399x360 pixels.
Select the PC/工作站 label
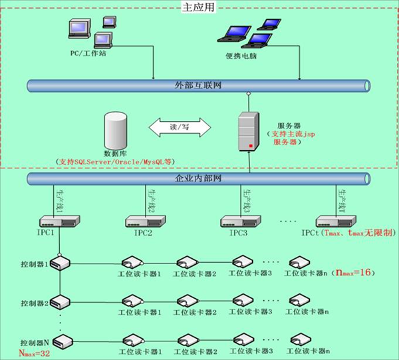[88, 51]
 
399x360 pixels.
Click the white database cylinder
[116, 130]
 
